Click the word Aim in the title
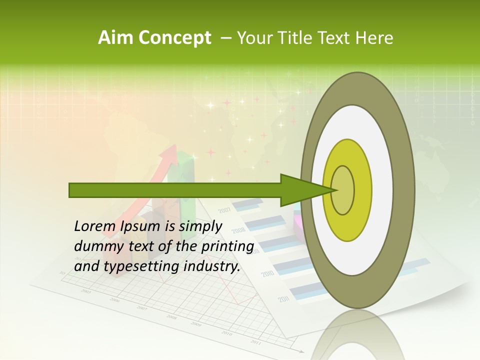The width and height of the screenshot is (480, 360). (115, 38)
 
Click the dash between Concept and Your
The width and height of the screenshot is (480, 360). (225, 38)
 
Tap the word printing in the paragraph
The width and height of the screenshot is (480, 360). (227, 246)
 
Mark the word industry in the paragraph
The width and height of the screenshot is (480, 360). (212, 266)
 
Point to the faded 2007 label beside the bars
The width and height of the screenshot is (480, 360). (224, 209)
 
